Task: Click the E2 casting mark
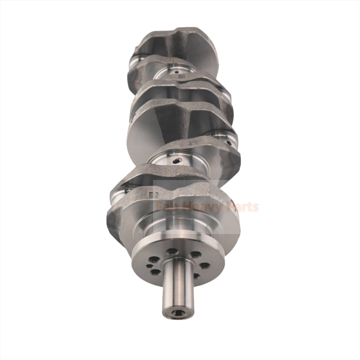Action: point(155,195)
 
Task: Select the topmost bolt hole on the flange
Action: point(171,251)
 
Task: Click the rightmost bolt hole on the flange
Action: point(205,265)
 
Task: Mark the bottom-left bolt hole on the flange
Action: point(155,272)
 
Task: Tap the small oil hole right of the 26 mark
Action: point(229,143)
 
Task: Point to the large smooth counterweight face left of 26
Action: point(148,130)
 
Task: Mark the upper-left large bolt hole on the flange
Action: point(154,259)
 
